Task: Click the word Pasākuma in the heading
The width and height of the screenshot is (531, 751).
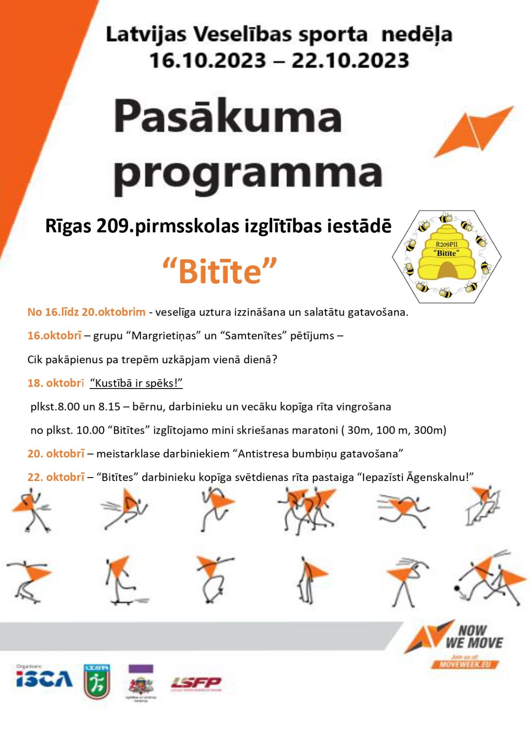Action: click(228, 116)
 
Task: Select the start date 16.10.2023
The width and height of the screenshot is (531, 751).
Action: click(208, 61)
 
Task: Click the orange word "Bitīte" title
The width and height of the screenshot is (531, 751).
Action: click(220, 271)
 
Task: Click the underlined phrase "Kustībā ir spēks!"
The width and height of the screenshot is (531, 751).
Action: click(136, 383)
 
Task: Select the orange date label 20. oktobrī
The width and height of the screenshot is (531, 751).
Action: click(56, 454)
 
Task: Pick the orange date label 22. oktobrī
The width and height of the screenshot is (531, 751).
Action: click(56, 477)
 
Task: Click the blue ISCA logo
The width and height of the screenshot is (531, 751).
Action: click(44, 679)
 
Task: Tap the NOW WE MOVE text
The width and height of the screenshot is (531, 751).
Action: click(473, 636)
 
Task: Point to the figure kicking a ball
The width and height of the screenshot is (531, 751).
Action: click(487, 580)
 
